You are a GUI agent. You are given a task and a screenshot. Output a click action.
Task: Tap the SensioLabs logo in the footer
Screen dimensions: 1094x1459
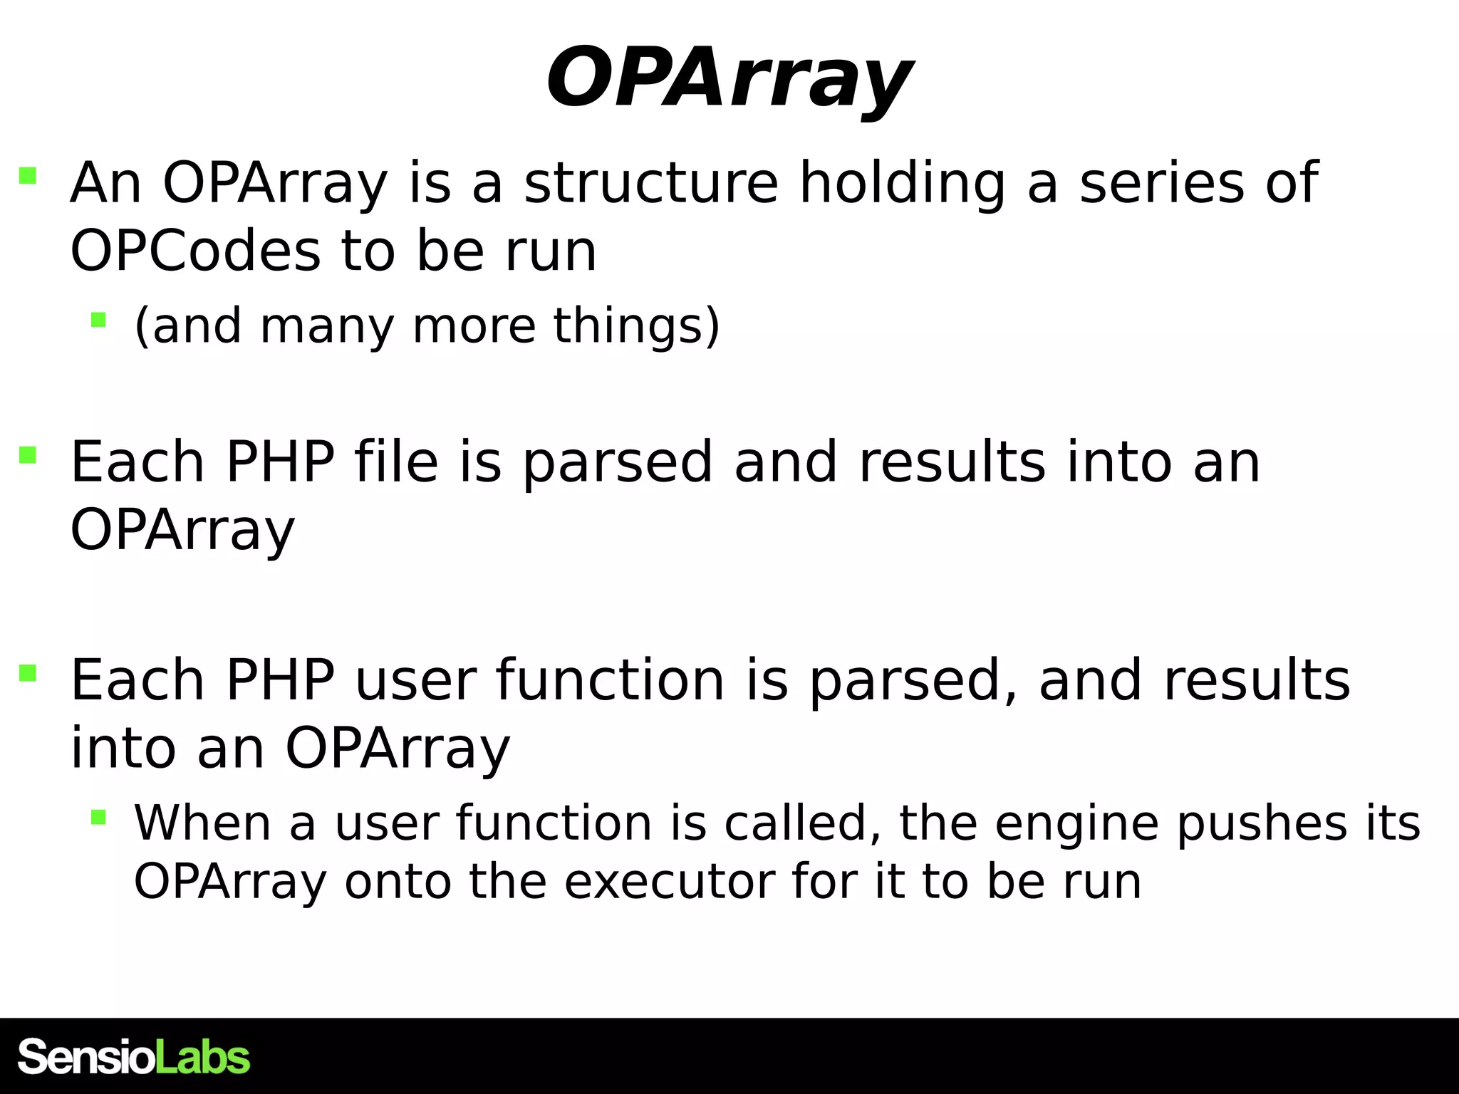click(134, 1057)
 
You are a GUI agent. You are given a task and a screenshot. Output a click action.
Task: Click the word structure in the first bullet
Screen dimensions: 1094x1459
click(651, 183)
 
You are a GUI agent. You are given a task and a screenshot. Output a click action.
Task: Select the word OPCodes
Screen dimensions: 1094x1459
click(195, 251)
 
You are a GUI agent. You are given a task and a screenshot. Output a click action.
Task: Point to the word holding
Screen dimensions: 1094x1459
click(902, 183)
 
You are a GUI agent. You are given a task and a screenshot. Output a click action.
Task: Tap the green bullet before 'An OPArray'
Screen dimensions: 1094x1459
click(28, 175)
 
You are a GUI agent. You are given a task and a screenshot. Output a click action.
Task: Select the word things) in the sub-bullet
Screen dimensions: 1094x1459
click(637, 325)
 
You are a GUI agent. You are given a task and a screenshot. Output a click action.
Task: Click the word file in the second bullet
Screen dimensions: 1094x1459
click(395, 462)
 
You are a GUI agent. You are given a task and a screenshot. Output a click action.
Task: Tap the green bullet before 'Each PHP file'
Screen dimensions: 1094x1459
click(28, 454)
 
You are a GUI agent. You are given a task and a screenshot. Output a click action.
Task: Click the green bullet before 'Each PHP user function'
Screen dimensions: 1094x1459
click(28, 672)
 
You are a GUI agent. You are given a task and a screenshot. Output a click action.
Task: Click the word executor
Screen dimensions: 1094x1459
click(670, 882)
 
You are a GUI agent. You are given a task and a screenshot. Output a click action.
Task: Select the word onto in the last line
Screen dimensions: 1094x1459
click(398, 882)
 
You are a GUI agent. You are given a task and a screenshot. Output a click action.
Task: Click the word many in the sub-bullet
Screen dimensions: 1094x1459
click(327, 325)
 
